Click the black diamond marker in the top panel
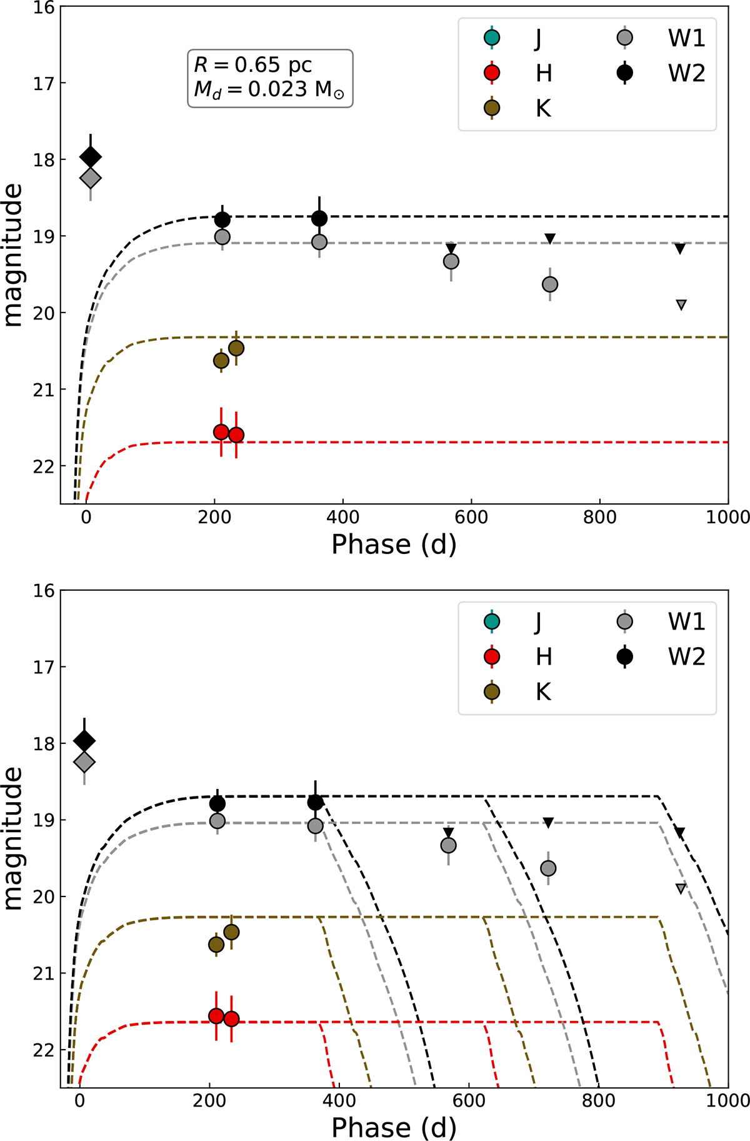point(91,157)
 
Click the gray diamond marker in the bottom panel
point(84,762)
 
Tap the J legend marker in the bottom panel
point(492,621)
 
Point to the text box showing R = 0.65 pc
point(270,78)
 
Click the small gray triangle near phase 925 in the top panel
point(681,304)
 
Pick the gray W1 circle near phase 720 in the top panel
point(550,284)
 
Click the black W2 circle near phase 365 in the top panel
point(319,218)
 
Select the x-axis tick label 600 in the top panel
point(471,517)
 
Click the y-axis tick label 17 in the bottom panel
point(45,666)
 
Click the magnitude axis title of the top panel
point(14,255)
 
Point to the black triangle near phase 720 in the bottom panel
point(548,822)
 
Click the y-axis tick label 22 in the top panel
point(45,466)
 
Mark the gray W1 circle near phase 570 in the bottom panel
point(448,845)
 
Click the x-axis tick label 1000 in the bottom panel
point(728,1100)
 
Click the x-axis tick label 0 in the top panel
point(86,517)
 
